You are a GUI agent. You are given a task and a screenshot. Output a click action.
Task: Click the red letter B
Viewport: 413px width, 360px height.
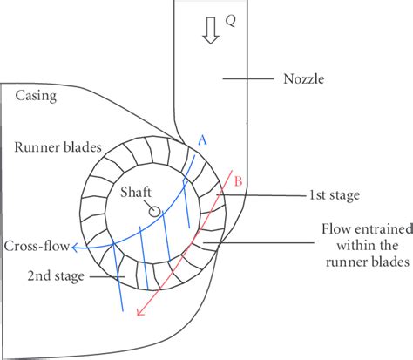click(x=239, y=181)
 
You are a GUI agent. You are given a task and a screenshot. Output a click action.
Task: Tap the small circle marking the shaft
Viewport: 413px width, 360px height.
click(x=153, y=210)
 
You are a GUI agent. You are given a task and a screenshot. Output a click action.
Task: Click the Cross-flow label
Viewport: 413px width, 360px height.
click(x=37, y=245)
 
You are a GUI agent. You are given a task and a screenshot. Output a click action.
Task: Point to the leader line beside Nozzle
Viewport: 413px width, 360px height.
click(x=247, y=79)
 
